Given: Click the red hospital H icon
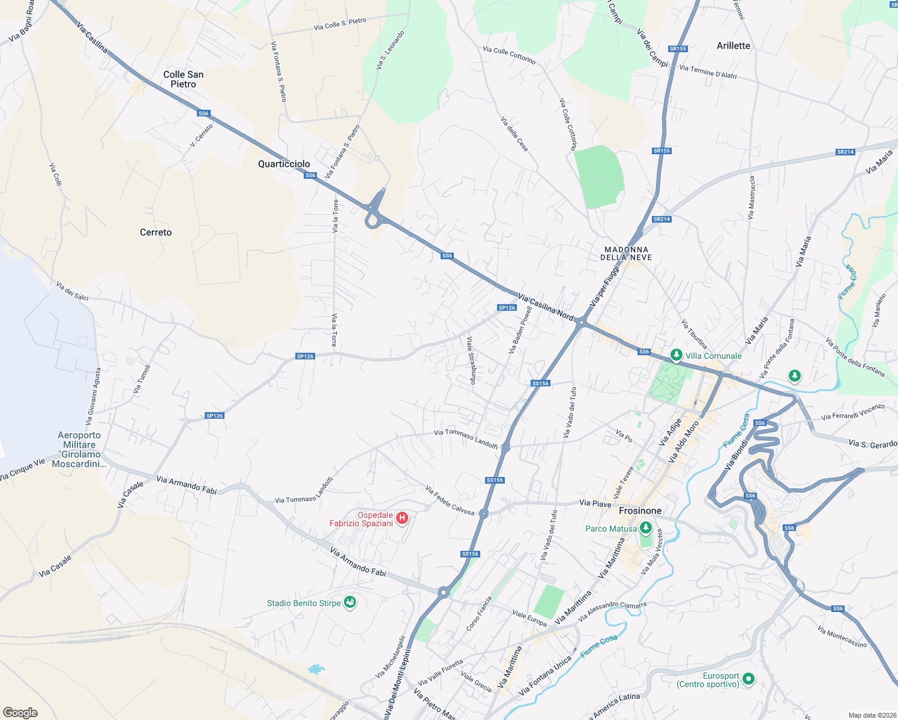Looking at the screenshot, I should (x=402, y=518).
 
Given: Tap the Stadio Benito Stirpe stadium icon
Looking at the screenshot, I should (x=350, y=602).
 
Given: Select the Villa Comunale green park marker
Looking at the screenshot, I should (x=677, y=355).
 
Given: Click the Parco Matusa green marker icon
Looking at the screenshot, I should (x=645, y=528).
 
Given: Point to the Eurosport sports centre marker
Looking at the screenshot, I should (x=748, y=679).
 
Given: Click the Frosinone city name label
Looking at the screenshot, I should (x=640, y=511).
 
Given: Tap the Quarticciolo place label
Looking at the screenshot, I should (x=284, y=164).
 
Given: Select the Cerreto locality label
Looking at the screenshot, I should (x=155, y=232).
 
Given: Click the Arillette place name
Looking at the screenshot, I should (x=733, y=46).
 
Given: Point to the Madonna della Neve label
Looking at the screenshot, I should (x=626, y=253).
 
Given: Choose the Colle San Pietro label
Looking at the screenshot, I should (x=183, y=79).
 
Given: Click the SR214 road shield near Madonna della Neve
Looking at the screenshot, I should (x=661, y=219).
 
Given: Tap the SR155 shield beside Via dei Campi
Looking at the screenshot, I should (x=678, y=49).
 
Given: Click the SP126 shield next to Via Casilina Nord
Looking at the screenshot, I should (x=507, y=308).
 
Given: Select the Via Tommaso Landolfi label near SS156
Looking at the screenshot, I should (x=466, y=439).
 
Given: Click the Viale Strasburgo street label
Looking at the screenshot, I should (x=472, y=360).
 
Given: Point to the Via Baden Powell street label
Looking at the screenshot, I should (x=520, y=329).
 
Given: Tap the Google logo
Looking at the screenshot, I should (x=20, y=712).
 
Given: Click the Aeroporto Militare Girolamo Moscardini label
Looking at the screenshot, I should (x=79, y=449).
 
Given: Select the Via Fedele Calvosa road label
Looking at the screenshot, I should (x=450, y=500).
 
